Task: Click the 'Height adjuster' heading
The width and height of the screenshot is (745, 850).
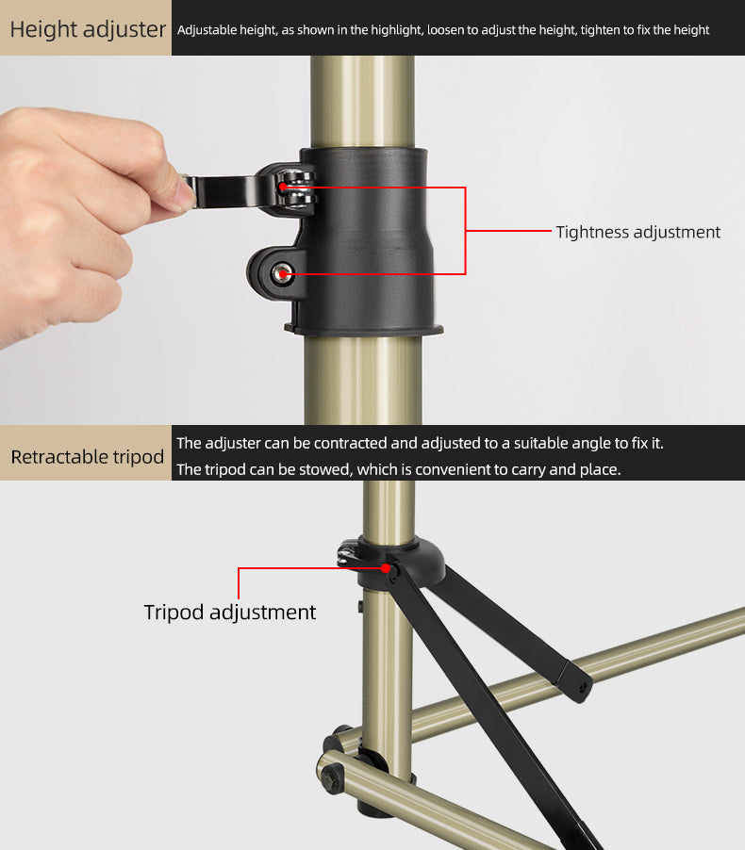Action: tap(88, 29)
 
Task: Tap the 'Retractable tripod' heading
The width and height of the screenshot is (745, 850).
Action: tap(88, 457)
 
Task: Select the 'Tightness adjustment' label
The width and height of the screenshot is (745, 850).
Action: tap(637, 232)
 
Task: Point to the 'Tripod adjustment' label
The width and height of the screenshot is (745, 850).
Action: tap(230, 612)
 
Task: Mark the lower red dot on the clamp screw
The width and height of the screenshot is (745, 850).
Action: tap(281, 274)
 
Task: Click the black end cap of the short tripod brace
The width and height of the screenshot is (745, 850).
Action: tap(575, 680)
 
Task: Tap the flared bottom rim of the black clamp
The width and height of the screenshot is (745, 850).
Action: tap(364, 329)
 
